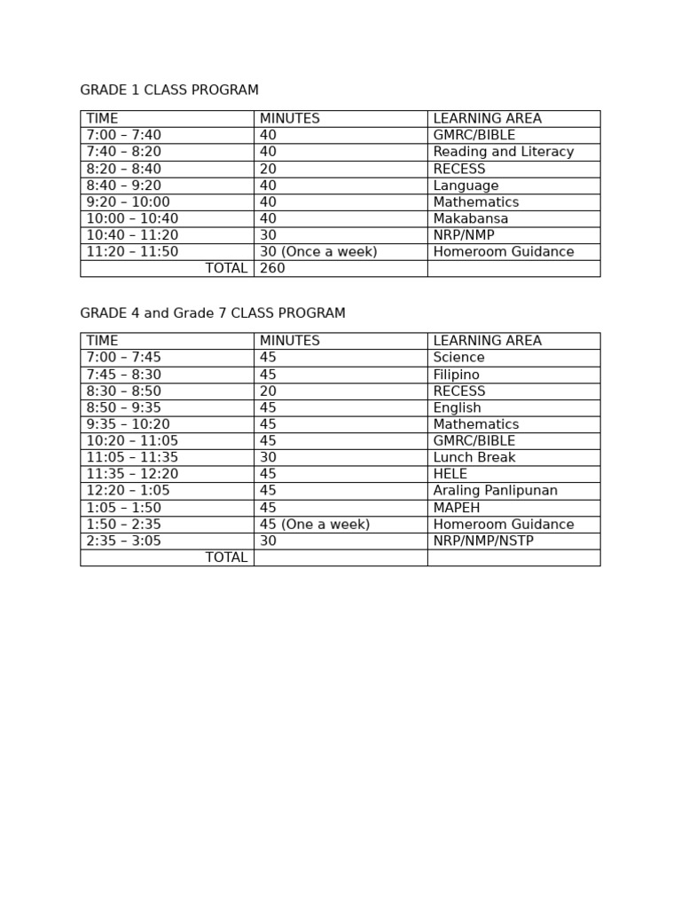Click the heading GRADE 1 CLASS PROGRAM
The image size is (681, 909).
tap(169, 91)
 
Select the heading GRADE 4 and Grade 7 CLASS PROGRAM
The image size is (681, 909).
tap(213, 313)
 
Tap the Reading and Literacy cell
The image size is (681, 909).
tap(503, 152)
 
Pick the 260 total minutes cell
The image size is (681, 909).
tap(273, 268)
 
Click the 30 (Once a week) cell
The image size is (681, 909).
tap(318, 252)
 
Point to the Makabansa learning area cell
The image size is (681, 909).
tap(471, 218)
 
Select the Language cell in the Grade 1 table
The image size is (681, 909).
tap(466, 186)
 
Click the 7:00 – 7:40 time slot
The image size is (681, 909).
tap(123, 135)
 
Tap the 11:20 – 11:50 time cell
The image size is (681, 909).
tap(132, 252)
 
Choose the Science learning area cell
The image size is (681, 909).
tap(458, 358)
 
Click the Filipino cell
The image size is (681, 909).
tap(456, 375)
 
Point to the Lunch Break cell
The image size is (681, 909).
tap(474, 458)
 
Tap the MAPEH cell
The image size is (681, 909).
tap(457, 508)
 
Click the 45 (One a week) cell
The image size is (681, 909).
tap(315, 525)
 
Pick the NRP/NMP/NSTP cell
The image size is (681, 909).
tap(483, 541)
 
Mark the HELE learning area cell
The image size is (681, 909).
tap(450, 474)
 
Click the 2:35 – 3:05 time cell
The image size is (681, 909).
tap(123, 541)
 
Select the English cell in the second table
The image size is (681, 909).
tap(457, 408)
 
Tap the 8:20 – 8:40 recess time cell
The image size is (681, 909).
tap(123, 169)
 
